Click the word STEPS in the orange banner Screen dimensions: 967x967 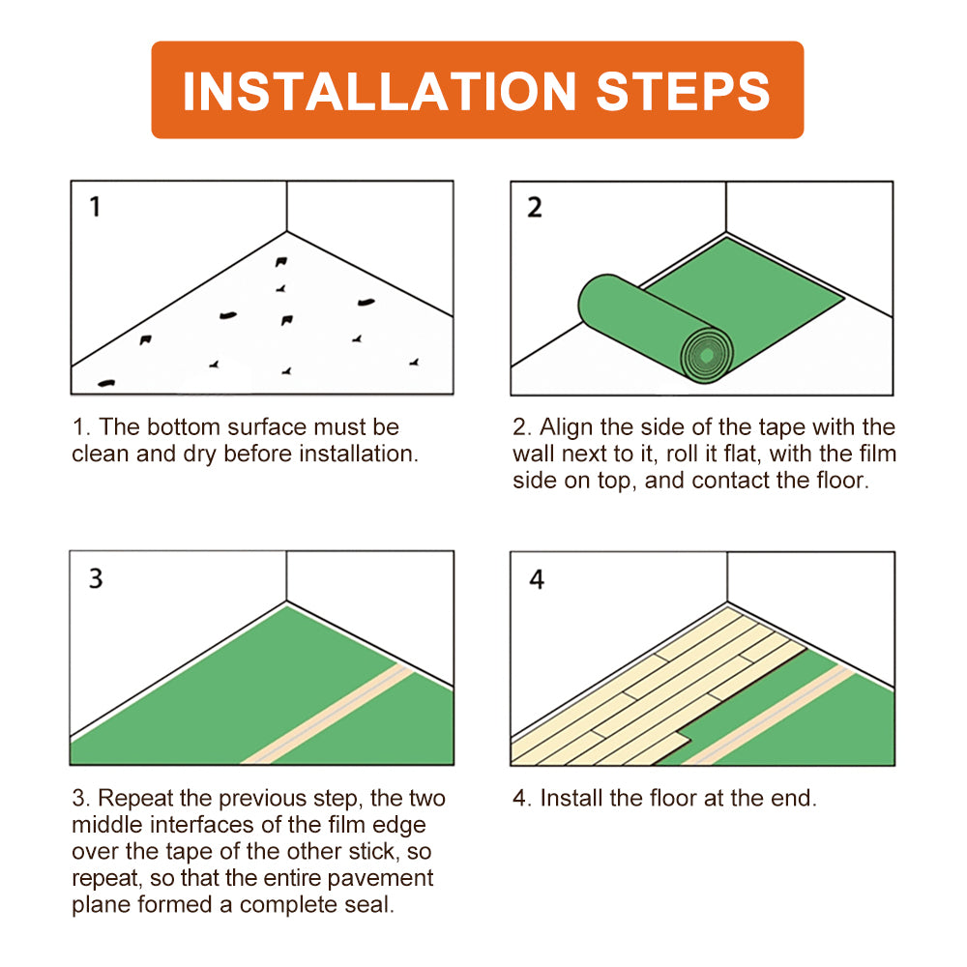(x=683, y=91)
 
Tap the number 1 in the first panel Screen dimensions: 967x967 (x=95, y=207)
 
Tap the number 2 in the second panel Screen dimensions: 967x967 (x=535, y=207)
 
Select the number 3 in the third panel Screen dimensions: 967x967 (x=96, y=578)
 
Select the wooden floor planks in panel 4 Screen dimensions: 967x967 (x=658, y=677)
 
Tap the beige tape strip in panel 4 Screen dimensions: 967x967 (x=774, y=716)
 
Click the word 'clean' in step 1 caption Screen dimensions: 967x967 (x=101, y=454)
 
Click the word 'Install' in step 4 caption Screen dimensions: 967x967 (x=572, y=798)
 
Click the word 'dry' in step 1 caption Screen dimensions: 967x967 (x=199, y=454)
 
